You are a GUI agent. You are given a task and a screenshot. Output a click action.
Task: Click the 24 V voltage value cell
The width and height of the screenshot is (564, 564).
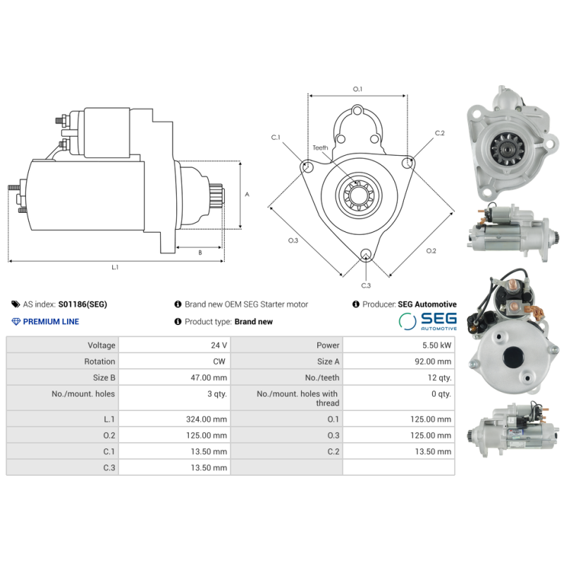coord(219,345)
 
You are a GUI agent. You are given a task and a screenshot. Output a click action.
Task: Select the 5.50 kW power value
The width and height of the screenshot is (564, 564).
coord(436,345)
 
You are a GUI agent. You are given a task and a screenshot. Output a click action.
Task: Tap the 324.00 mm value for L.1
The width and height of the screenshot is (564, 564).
coord(207,419)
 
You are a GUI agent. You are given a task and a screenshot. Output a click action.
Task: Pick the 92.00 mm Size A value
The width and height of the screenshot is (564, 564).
coord(433,362)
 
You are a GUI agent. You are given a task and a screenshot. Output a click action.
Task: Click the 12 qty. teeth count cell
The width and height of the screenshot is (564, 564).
coord(439,378)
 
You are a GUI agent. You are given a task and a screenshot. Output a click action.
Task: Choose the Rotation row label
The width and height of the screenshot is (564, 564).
coord(99,362)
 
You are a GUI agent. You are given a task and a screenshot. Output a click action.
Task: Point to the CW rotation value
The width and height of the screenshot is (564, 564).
coord(219,362)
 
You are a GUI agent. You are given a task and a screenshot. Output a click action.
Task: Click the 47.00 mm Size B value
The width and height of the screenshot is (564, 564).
coord(209,378)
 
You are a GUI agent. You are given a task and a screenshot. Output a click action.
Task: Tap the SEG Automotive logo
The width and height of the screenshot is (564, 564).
coord(428,321)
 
